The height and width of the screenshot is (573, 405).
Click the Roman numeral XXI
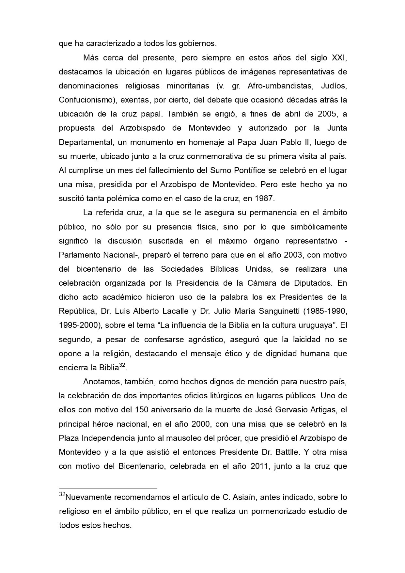click(339, 58)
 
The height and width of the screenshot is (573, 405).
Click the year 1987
click(265, 199)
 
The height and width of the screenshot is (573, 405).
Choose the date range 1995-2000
click(79, 325)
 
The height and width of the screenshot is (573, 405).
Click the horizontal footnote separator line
click(108, 488)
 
